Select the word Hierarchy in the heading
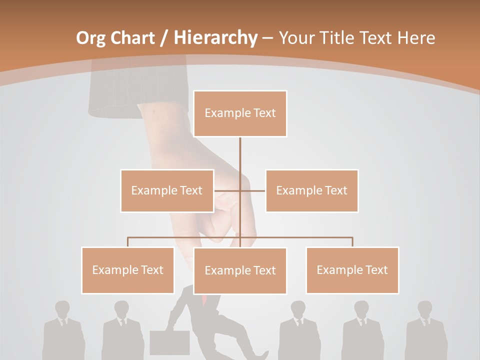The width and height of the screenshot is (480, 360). pos(215,38)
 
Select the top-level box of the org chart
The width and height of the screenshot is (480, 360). pos(240,113)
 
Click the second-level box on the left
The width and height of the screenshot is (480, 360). pos(167,190)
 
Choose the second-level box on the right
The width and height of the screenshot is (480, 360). pos(311,190)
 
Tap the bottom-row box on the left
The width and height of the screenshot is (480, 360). pos(127,270)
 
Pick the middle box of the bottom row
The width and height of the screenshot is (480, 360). pos(240,270)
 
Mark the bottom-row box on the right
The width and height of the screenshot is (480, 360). pos(352,270)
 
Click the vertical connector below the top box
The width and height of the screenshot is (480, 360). pos(240,155)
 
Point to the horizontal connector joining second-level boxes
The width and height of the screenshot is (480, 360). pos(252,190)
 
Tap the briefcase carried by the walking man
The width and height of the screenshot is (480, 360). pos(169,342)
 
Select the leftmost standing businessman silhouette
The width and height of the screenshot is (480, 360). pos(63,330)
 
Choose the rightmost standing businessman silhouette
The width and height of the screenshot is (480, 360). pos(426,330)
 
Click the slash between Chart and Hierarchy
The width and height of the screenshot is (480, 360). pos(163,38)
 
